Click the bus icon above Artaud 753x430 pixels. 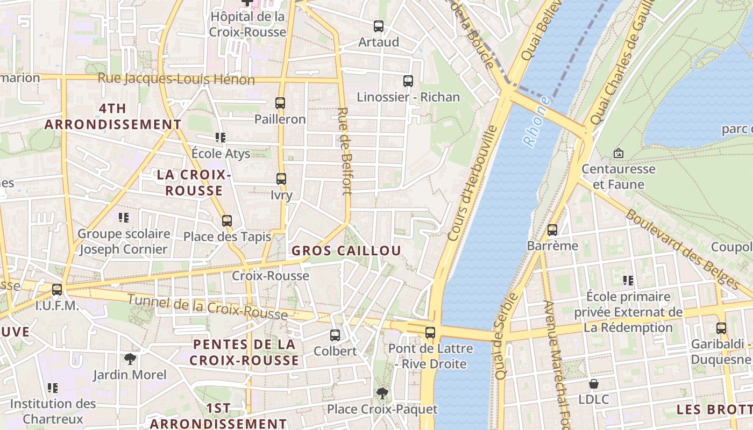click(x=379, y=26)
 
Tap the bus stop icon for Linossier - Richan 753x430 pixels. click(x=408, y=81)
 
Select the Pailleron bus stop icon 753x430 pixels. click(x=280, y=103)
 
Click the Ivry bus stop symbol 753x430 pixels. click(x=281, y=179)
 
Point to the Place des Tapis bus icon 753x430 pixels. click(x=227, y=220)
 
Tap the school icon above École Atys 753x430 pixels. click(x=220, y=138)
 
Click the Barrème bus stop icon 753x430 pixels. click(x=552, y=230)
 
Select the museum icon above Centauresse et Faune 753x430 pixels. click(x=618, y=153)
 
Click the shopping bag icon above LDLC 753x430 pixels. click(x=594, y=384)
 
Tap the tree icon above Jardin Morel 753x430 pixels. click(x=130, y=359)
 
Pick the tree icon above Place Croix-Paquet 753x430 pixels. click(x=382, y=393)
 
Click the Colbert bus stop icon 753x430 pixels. click(x=335, y=335)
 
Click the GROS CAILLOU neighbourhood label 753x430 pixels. click(x=346, y=250)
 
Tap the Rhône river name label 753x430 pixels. click(x=537, y=122)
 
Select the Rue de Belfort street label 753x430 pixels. click(x=344, y=151)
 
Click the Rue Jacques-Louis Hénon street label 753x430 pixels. click(x=176, y=79)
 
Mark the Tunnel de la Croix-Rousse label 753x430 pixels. click(x=207, y=307)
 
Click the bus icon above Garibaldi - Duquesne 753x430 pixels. click(x=721, y=328)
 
